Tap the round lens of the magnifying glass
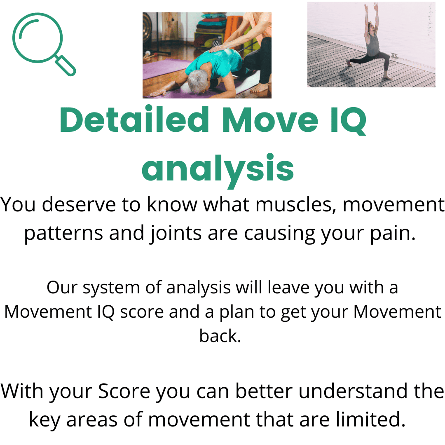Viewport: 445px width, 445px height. (x=37, y=37)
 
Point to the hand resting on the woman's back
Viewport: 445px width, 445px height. (x=216, y=48)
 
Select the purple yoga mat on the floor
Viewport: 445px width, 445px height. (x=165, y=68)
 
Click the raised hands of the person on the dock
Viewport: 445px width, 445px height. (x=370, y=7)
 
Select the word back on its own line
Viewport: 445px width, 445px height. (x=220, y=336)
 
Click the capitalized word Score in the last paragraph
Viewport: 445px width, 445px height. (x=124, y=391)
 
